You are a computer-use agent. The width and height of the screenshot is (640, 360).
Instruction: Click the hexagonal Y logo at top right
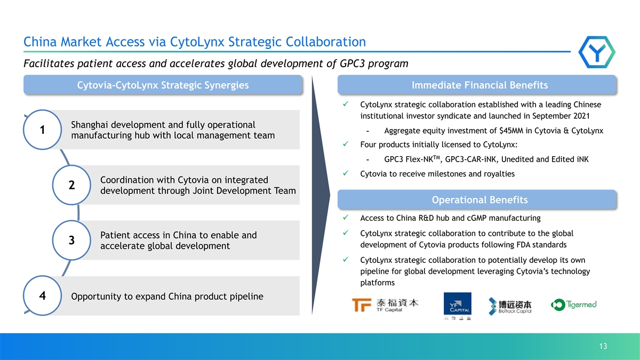(597, 52)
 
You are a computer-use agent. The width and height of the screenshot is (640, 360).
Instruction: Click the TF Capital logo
(385, 305)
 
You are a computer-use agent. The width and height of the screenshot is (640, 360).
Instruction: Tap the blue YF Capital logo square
(458, 303)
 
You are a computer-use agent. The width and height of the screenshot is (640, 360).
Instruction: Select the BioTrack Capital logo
(510, 306)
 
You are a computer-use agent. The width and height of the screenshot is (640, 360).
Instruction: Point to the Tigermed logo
(573, 305)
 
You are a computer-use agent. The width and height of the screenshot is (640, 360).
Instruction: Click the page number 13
(603, 346)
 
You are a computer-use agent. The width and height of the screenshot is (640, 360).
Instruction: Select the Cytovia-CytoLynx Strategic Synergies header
(163, 85)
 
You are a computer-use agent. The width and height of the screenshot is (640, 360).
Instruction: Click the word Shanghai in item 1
(90, 125)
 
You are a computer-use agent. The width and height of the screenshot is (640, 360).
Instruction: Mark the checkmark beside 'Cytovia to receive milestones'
(346, 173)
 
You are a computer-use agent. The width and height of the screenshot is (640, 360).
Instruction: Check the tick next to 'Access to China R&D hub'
(346, 218)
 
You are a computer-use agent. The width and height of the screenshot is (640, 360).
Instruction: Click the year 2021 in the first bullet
(580, 116)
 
